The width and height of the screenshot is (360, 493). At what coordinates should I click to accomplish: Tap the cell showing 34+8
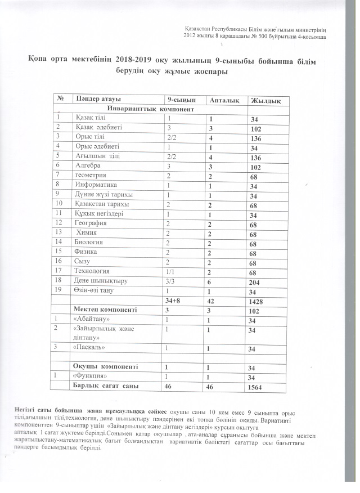[173, 301]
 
